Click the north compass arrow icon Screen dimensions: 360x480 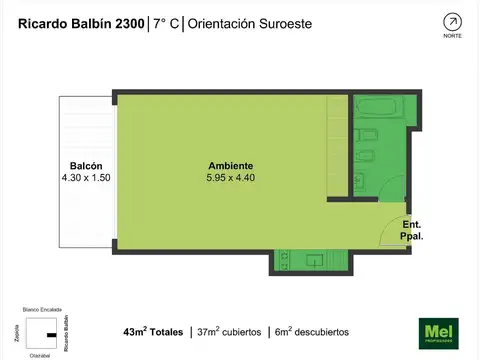point(452,21)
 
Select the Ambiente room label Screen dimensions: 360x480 point(230,166)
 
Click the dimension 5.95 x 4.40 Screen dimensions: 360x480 point(230,178)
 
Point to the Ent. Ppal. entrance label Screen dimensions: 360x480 point(412,231)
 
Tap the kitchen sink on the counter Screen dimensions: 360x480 point(314,261)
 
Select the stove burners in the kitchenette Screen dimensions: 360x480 point(287,261)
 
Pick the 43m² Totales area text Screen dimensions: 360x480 point(153,331)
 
